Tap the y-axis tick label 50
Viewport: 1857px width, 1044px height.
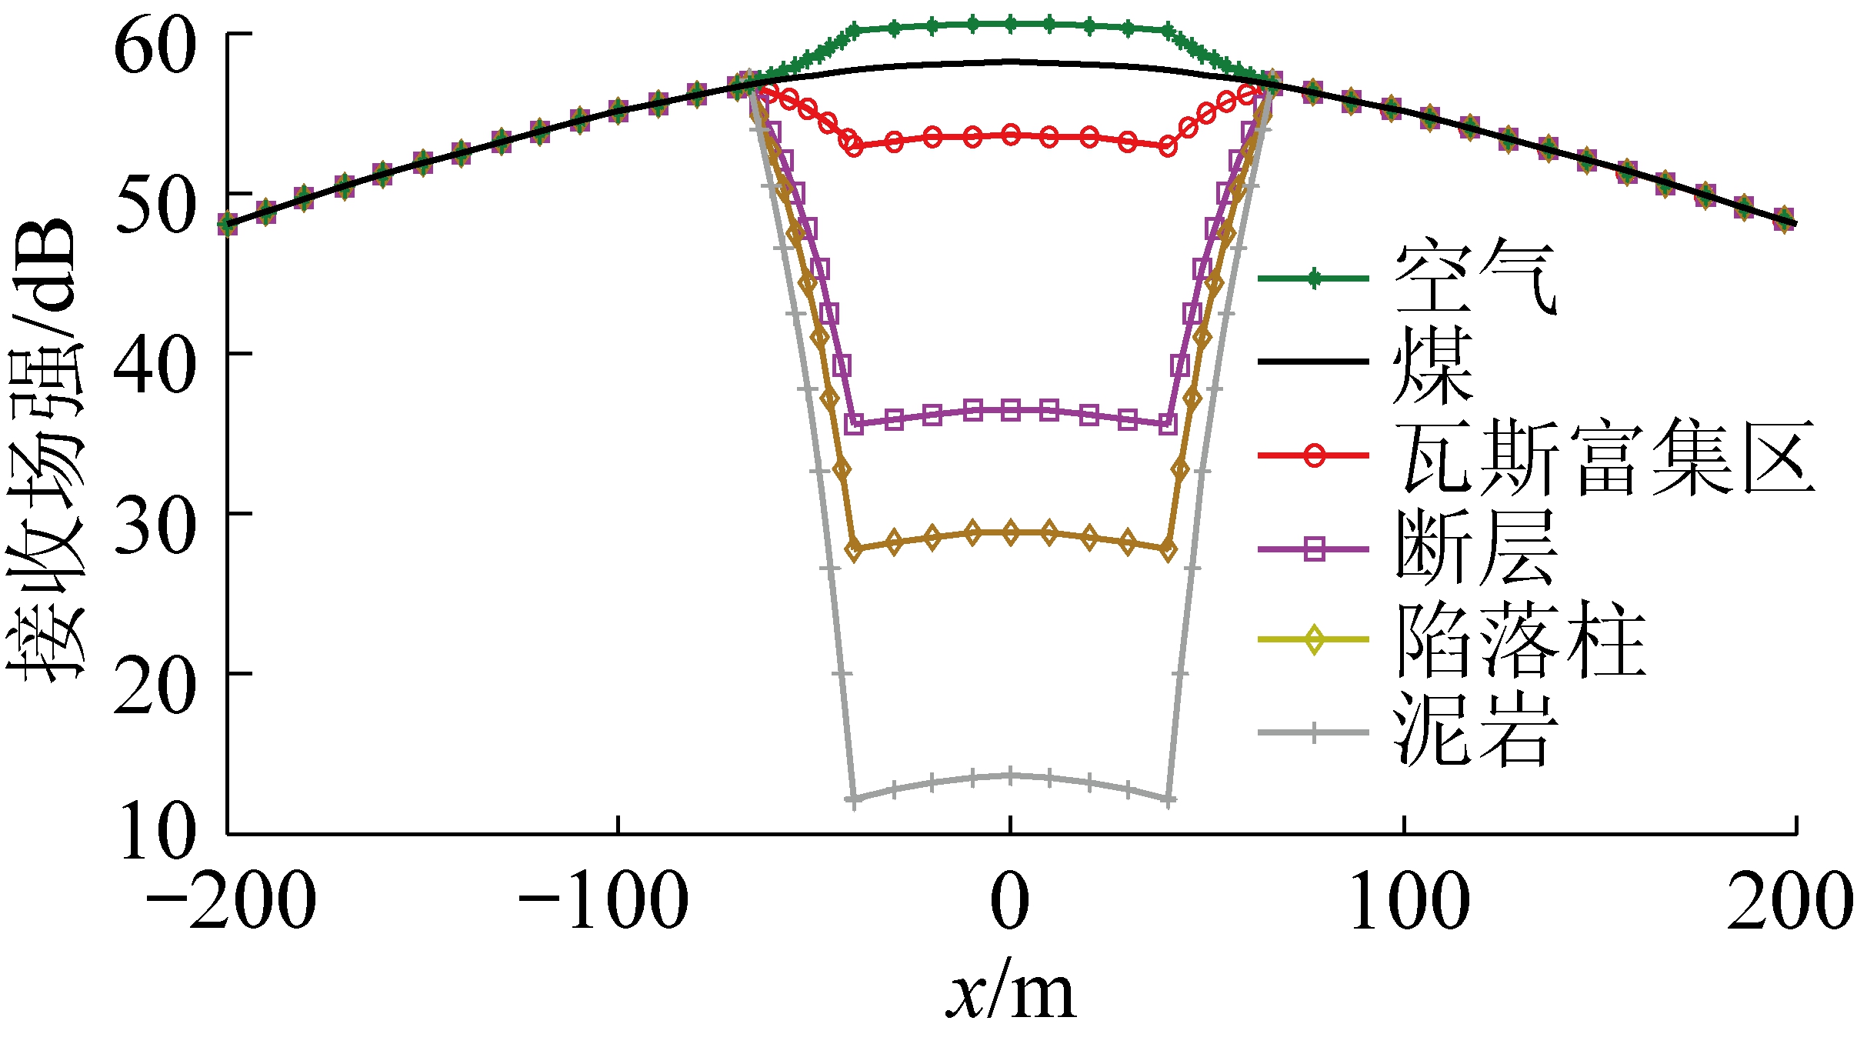pos(155,207)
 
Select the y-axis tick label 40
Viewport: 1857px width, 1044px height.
pos(155,367)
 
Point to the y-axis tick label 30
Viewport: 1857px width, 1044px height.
pos(155,527)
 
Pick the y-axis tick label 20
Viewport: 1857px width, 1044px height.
pos(155,687)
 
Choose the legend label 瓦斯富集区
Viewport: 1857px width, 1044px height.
pos(1605,457)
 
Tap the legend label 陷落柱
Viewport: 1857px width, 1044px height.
pos(1519,639)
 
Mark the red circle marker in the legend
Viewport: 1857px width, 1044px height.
pos(1315,455)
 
